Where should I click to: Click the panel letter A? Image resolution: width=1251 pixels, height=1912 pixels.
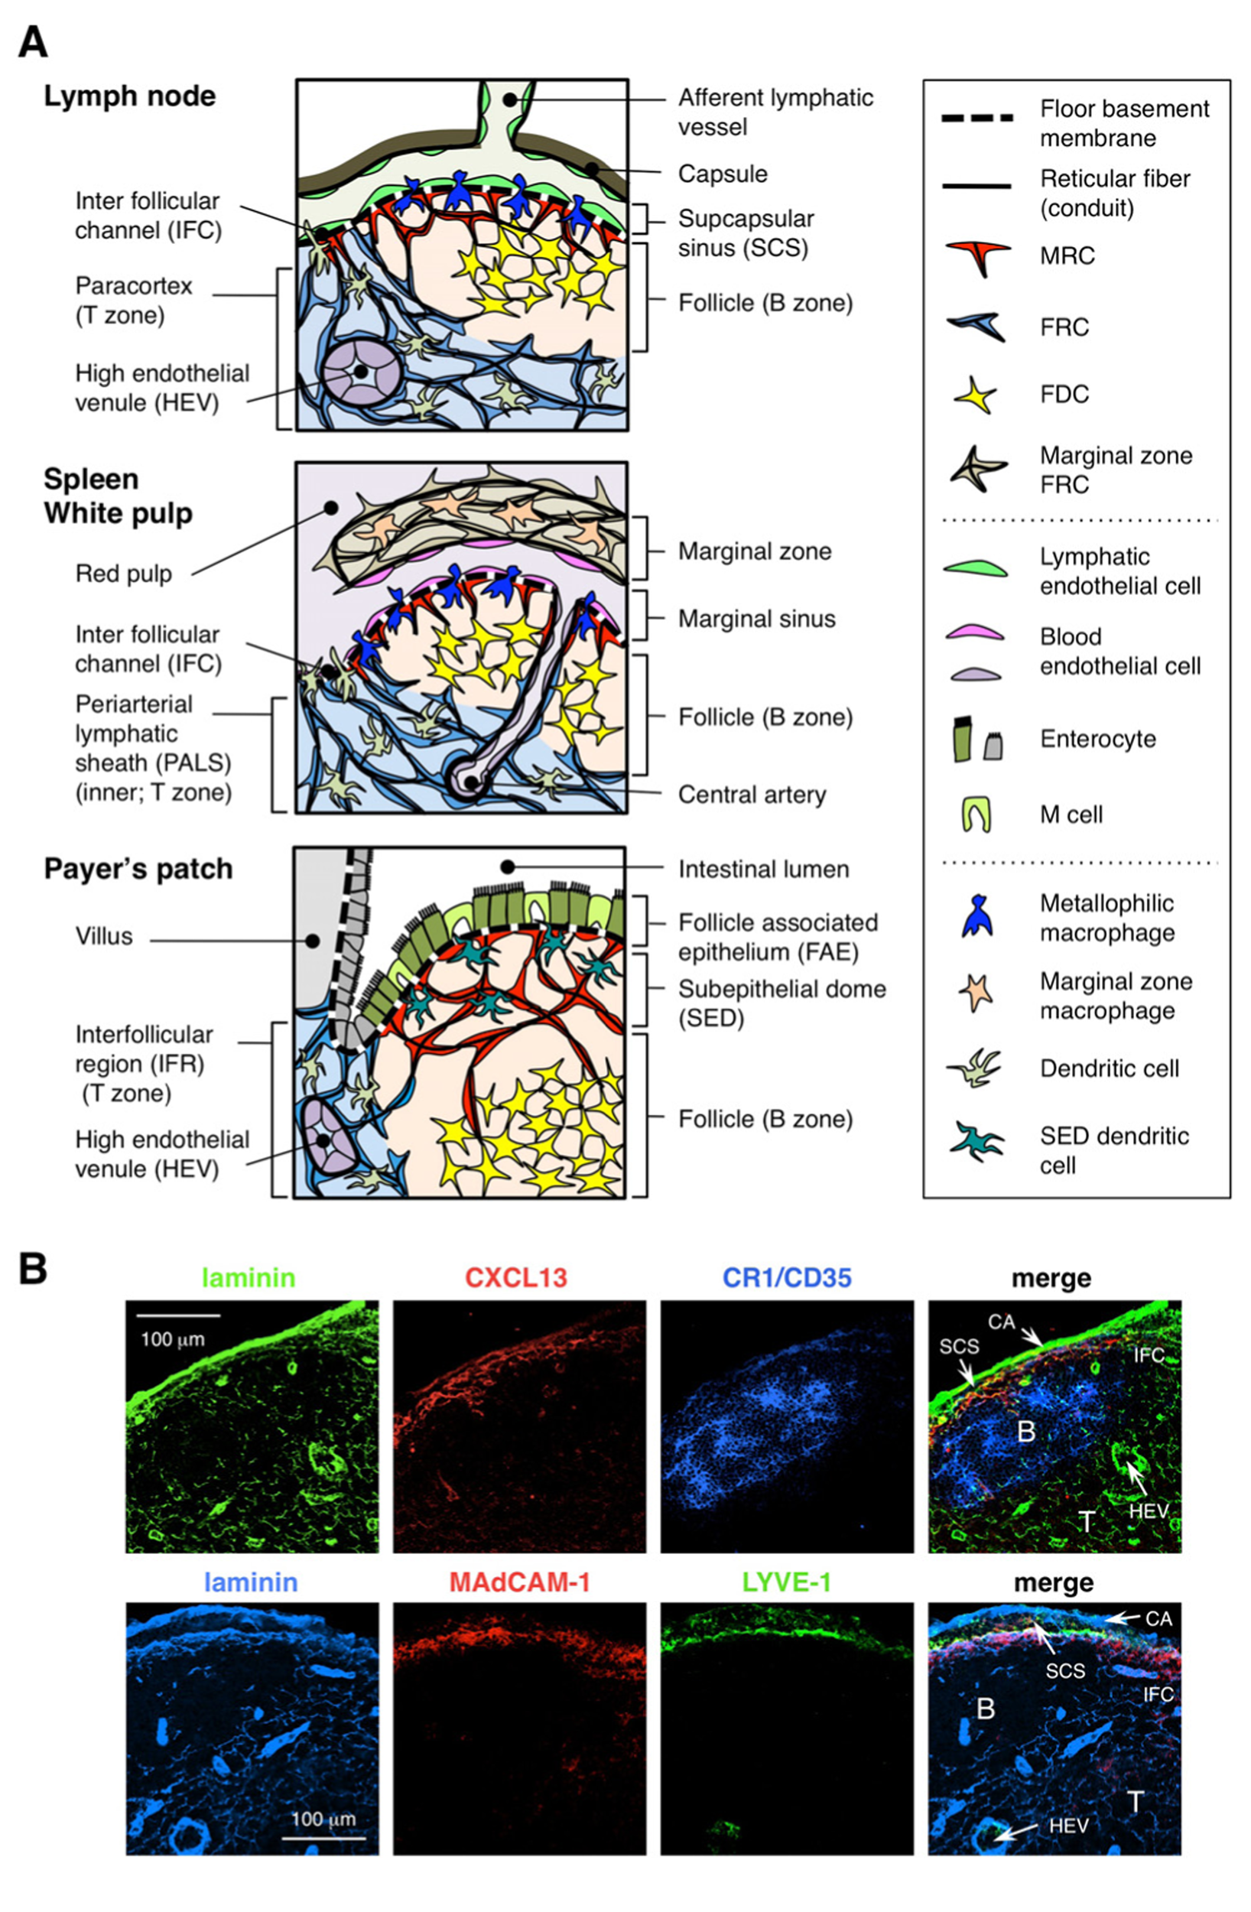[x=33, y=42]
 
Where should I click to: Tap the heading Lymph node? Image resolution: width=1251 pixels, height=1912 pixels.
[x=129, y=96]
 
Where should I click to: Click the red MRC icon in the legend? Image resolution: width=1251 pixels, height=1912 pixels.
[x=976, y=256]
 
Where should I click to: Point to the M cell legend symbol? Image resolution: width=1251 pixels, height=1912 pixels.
[x=976, y=815]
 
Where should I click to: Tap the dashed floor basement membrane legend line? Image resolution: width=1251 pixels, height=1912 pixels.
[x=977, y=118]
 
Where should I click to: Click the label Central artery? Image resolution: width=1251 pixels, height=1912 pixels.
[x=751, y=795]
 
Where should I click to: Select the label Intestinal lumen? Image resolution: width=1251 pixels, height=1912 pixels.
[x=763, y=870]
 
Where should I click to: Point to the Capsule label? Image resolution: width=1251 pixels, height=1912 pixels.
[x=723, y=174]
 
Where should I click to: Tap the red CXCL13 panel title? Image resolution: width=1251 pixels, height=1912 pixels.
[x=516, y=1277]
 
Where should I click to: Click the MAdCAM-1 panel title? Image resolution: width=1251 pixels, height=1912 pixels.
[x=519, y=1582]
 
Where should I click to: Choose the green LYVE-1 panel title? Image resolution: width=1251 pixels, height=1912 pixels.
[x=786, y=1582]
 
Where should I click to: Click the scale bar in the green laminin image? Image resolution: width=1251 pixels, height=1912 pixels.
[x=178, y=1316]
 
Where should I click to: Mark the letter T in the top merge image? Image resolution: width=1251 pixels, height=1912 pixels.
[x=1087, y=1520]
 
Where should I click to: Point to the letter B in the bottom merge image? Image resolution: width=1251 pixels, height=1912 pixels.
[x=985, y=1709]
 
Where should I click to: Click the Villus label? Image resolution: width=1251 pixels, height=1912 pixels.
[x=104, y=937]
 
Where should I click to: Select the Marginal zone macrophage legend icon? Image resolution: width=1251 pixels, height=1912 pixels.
[x=976, y=993]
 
